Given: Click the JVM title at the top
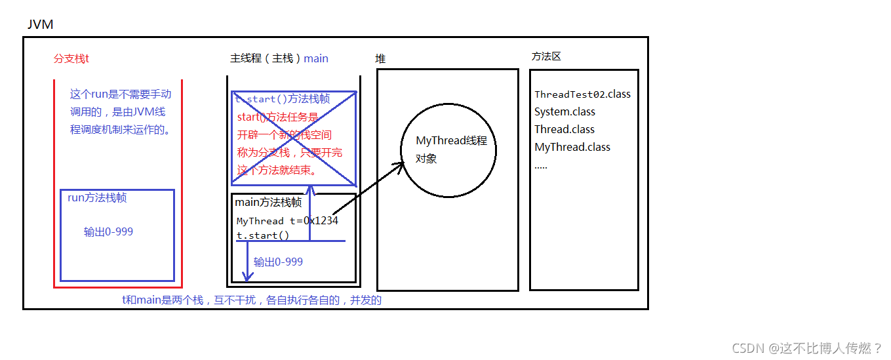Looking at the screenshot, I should [40, 25].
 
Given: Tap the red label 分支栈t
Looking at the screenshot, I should [71, 58].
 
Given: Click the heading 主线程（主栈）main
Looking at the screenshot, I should [279, 58].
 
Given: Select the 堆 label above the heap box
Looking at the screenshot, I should [380, 58].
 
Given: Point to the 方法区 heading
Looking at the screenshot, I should [546, 56].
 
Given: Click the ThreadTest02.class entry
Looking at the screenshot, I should [582, 94].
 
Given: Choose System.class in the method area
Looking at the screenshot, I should [564, 111].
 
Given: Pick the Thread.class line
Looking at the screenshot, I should [564, 129].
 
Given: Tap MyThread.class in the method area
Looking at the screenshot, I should [572, 147].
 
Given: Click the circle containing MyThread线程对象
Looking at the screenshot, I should [448, 150].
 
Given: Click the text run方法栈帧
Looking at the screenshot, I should [97, 198].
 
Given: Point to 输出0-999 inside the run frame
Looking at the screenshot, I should [109, 231].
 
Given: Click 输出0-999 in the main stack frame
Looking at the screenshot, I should [278, 262].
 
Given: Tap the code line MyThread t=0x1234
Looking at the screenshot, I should [287, 221].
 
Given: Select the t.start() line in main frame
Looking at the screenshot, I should [263, 235].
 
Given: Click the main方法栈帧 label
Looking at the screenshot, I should [268, 203].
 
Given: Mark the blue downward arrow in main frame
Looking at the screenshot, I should [247, 262].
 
